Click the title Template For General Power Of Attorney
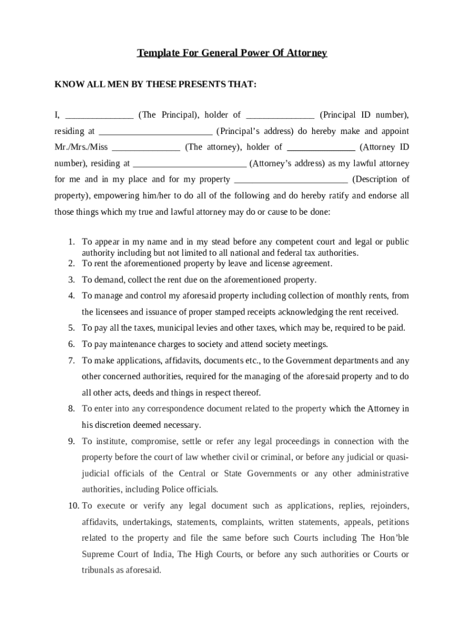click(232, 53)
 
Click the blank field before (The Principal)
click(99, 115)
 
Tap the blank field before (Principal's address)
click(155, 131)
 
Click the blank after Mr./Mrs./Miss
click(146, 147)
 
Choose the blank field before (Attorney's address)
click(189, 164)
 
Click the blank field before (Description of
click(290, 179)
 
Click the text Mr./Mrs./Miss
click(81, 147)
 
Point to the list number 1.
click(71, 242)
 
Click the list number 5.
click(71, 328)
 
